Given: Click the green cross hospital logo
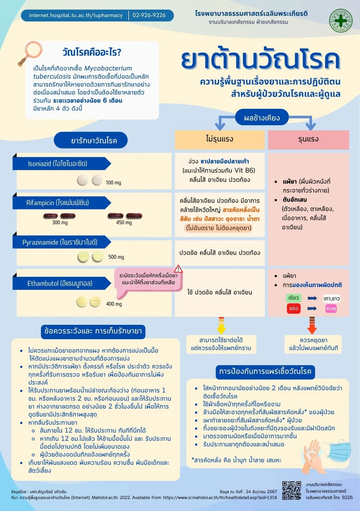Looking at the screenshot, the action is point(341,21).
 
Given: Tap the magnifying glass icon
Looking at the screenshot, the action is point(30,53).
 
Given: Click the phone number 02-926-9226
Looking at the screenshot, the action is point(149,15).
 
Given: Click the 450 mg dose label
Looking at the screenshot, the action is point(124,223).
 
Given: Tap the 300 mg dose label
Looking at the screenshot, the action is point(60,223).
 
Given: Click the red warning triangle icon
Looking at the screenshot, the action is point(178,269).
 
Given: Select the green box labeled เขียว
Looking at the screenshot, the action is point(293,298).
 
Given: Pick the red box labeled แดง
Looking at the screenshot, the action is point(293,308).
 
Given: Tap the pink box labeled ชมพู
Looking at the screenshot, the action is point(331,308).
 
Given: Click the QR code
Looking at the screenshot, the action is point(292,490).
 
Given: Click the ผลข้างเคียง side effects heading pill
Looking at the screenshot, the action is point(262,118).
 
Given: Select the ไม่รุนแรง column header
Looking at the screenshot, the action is point(220,139).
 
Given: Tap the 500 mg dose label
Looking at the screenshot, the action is point(116,257).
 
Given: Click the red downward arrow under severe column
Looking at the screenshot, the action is point(312,325).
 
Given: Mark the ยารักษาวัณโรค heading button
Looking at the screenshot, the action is point(91,140).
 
